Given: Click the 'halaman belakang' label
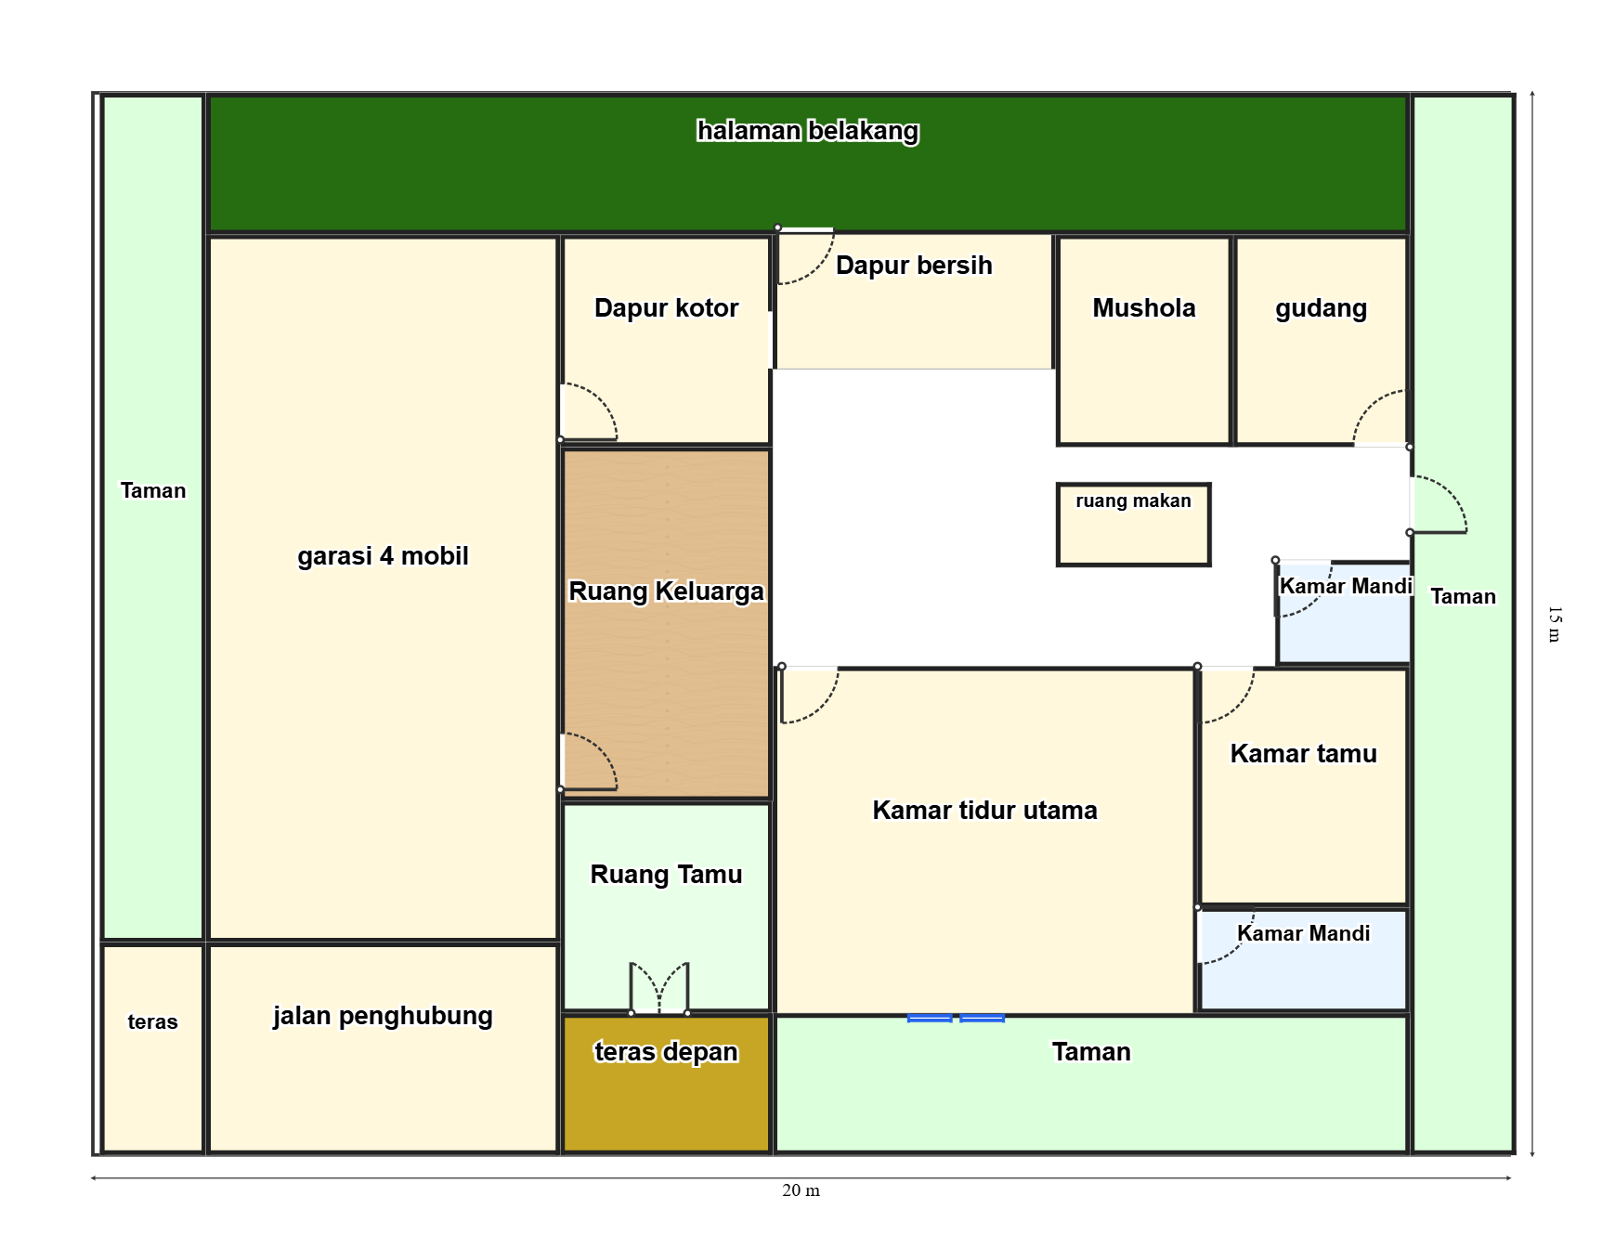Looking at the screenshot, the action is (x=808, y=131).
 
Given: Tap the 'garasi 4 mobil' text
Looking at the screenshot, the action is (x=383, y=556).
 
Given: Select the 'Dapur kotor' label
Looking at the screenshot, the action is (x=666, y=308).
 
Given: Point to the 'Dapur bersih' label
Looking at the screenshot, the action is (x=914, y=266).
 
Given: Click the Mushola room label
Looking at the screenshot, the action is (x=1144, y=308).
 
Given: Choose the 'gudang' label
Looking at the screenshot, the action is (x=1321, y=308).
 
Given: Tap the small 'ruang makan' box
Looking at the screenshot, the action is (x=1133, y=524).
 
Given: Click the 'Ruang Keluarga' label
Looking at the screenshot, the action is (x=666, y=591).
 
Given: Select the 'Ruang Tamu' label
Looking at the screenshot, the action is (x=666, y=875).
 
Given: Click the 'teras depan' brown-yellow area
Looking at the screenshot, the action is (x=667, y=1084).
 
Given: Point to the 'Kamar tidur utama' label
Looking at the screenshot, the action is (x=984, y=811).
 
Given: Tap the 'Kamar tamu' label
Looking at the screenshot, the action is (x=1303, y=754).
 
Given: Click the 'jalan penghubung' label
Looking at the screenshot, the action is (x=383, y=1016).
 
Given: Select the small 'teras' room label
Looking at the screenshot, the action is (x=152, y=1022).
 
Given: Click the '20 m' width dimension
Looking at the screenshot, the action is (x=801, y=1190).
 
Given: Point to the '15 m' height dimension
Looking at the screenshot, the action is (x=1554, y=624).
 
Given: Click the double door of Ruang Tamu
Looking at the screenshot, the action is (x=659, y=988).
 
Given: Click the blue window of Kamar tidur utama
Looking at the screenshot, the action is (x=956, y=1018).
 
